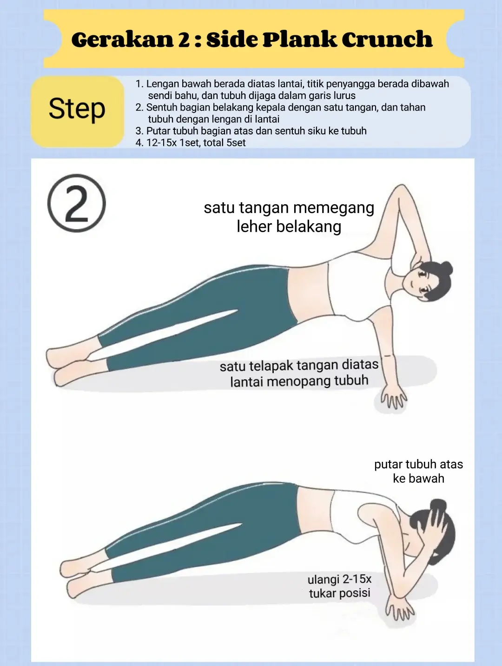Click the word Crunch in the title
[387, 40]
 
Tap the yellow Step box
[77, 111]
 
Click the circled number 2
[77, 203]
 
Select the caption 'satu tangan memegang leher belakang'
[289, 217]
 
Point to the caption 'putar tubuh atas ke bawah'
[418, 471]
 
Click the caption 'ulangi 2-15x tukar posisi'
[339, 586]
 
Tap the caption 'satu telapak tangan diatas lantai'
[299, 373]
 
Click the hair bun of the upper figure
[446, 268]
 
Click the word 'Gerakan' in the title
[122, 40]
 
